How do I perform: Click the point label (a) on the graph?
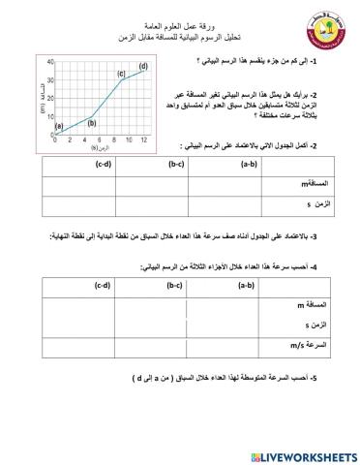59,125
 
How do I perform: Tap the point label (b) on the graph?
92,121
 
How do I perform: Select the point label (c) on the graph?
122,74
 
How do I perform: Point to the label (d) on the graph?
143,65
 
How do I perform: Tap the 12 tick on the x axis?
144,140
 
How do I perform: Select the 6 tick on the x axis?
100,140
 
